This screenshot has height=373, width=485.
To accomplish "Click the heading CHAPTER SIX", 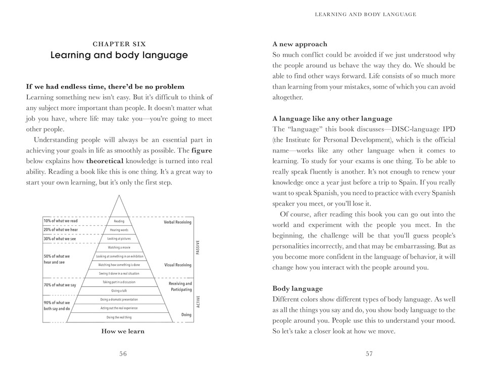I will (x=119, y=44).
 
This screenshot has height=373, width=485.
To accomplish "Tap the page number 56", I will (x=123, y=354).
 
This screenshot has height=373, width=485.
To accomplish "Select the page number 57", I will (x=369, y=354).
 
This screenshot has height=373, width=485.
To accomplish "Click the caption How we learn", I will (x=123, y=331).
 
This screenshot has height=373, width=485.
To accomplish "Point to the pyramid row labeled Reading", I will (x=119, y=221).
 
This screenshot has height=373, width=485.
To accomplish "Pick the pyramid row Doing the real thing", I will (x=119, y=317).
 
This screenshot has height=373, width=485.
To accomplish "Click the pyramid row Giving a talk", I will (x=119, y=291).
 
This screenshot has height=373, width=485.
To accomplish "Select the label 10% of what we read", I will (x=60, y=221).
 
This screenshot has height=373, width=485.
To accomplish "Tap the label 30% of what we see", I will (x=60, y=238).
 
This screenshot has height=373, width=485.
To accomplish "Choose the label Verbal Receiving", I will (x=177, y=222).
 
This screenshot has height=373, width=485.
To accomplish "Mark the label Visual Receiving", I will (x=177, y=265).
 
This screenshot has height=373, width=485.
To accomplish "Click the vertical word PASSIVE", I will (x=198, y=247).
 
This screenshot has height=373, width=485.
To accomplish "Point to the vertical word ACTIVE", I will (x=198, y=302).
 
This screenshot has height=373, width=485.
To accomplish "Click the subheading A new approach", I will (x=300, y=44).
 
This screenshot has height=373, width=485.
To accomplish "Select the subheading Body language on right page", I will (x=297, y=288).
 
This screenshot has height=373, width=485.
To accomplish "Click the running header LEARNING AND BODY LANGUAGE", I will (x=365, y=14).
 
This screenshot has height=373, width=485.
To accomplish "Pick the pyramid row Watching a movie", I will (x=119, y=247).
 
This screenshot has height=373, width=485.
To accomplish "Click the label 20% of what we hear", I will (x=60, y=230).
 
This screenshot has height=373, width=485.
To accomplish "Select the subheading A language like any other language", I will (x=332, y=118).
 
